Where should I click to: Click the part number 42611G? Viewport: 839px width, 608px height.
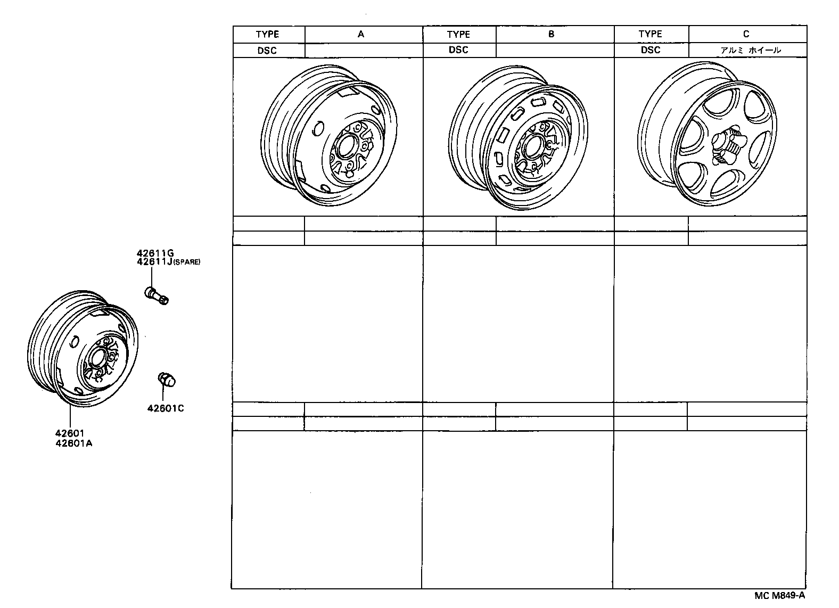(155, 253)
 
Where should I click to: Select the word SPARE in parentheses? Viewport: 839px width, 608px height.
(186, 262)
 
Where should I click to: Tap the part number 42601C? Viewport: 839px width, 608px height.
(166, 408)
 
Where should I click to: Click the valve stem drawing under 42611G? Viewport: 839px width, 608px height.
(157, 294)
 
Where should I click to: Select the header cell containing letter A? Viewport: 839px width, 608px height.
(361, 34)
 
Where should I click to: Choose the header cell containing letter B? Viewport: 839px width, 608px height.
(552, 34)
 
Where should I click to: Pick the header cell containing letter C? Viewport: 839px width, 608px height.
(746, 34)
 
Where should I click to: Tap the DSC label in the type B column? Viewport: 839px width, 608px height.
(458, 50)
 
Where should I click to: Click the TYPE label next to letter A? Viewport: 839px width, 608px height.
(267, 34)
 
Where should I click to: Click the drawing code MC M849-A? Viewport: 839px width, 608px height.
(779, 595)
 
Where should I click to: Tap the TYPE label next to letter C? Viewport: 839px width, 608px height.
(650, 34)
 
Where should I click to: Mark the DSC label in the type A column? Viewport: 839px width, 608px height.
(267, 50)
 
